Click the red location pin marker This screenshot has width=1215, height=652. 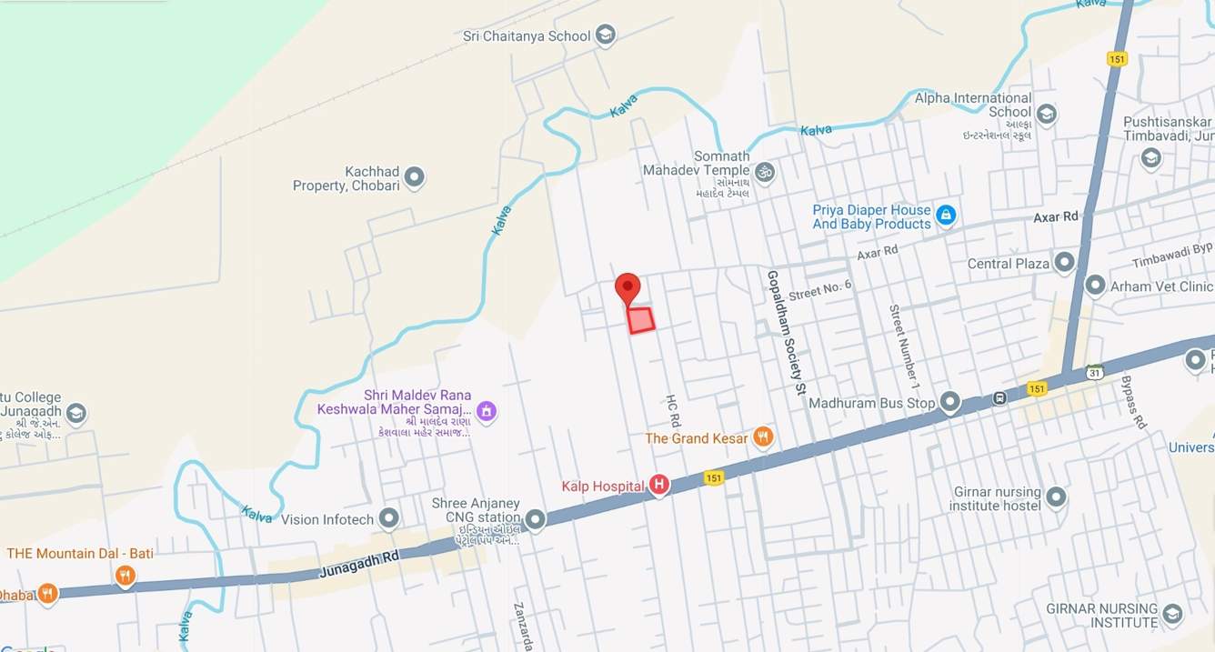pos(628,288)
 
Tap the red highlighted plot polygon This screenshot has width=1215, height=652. pos(641,320)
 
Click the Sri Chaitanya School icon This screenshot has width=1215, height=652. pos(606,35)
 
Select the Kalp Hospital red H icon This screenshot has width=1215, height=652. pos(659,486)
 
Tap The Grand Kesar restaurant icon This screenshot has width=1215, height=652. pos(763,437)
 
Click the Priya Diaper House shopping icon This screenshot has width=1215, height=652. pos(946,216)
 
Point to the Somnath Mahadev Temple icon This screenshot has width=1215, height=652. pos(765,171)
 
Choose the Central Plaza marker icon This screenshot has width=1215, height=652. pos(1064,264)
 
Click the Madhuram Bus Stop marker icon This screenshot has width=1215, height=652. pos(950,402)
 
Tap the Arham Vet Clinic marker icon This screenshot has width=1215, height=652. pos(1095,286)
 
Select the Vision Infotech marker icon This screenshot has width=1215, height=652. pos(389,519)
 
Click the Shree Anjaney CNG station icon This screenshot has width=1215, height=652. pos(535,519)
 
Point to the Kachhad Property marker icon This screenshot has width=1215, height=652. pos(415,177)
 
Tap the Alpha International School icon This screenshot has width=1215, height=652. pos(1046,114)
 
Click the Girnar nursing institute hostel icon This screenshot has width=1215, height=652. pos(1056,497)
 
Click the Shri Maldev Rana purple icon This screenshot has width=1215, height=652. pos(487,411)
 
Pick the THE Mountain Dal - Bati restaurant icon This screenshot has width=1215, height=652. pos(126,576)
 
